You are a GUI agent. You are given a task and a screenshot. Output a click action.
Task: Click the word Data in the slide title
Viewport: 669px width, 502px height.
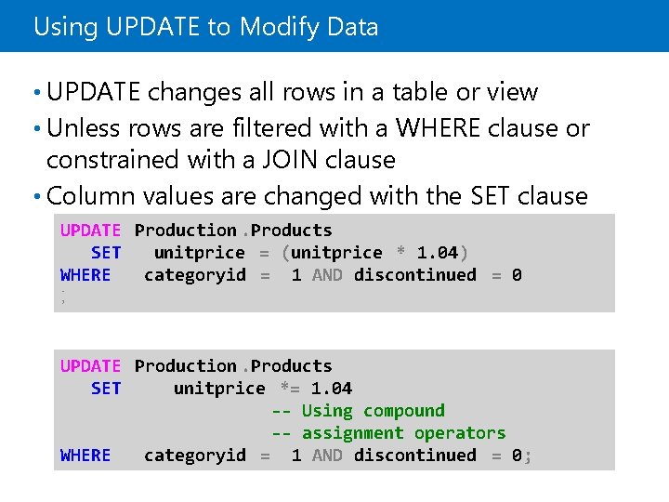(x=353, y=27)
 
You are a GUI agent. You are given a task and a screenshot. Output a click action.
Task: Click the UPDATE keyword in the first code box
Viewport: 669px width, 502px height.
(x=90, y=230)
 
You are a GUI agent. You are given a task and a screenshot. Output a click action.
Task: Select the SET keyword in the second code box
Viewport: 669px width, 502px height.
(x=105, y=389)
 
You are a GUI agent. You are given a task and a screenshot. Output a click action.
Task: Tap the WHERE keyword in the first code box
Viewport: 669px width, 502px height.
(x=85, y=274)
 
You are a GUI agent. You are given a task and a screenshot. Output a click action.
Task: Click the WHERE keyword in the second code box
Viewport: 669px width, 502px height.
(x=85, y=455)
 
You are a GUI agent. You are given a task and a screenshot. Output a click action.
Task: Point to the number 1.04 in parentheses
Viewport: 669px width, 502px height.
(x=437, y=252)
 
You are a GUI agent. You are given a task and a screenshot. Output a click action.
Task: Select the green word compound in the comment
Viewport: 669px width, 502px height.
(x=404, y=411)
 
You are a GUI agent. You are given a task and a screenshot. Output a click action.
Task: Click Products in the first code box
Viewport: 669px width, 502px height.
(x=291, y=230)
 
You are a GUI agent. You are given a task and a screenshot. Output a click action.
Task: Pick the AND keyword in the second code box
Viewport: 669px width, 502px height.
(x=327, y=455)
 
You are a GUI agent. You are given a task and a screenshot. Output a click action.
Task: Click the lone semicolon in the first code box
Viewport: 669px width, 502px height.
(x=63, y=297)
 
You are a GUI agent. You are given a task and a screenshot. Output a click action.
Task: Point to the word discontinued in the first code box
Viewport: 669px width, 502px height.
(x=415, y=274)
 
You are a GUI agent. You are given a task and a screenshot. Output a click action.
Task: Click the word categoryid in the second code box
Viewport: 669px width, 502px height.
(x=194, y=455)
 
